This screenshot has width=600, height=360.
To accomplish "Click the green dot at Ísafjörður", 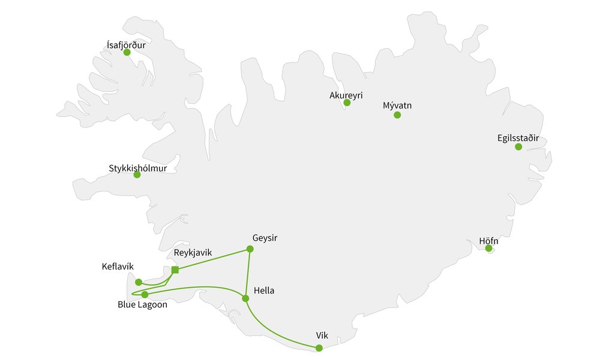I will (x=127, y=52).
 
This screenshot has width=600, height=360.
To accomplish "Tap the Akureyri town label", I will (x=346, y=95).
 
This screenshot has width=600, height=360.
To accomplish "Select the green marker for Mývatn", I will (x=397, y=115).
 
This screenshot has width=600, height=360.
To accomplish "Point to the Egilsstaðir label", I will (x=518, y=138).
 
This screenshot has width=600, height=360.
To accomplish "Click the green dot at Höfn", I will (x=488, y=248).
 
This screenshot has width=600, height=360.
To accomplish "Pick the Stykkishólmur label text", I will (x=138, y=167).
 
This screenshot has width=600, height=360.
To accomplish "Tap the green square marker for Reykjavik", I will (x=175, y=270).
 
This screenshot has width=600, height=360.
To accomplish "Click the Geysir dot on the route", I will (x=250, y=249).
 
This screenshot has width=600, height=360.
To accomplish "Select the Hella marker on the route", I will (x=245, y=298).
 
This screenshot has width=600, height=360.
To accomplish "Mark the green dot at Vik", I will (x=319, y=348).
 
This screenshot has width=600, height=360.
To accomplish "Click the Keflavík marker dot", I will (x=139, y=282).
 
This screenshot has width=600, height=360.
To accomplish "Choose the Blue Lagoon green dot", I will (x=145, y=295).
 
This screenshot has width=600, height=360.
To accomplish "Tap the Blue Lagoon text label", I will (x=142, y=305).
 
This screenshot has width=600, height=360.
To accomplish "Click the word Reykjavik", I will (x=193, y=253).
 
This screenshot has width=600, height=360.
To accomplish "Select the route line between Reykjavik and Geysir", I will (x=212, y=259).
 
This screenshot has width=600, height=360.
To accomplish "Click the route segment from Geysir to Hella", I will (x=247, y=274).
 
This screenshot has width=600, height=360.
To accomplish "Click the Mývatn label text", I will (x=397, y=106).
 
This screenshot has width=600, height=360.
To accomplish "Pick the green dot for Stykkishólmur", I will (x=137, y=175).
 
